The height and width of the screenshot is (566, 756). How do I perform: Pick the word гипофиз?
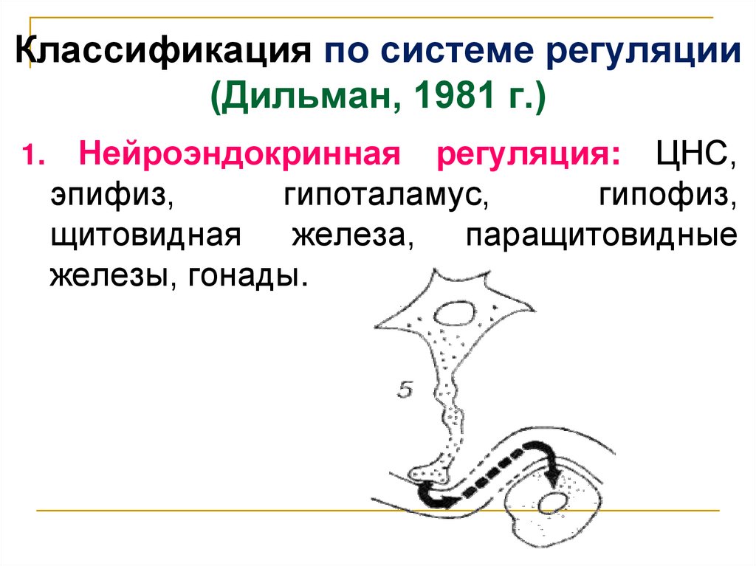tap(667, 197)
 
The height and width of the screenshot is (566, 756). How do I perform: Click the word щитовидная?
tap(145, 238)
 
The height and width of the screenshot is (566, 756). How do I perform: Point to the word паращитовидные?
tap(602, 238)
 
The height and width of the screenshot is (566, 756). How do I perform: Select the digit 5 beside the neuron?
tap(404, 390)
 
